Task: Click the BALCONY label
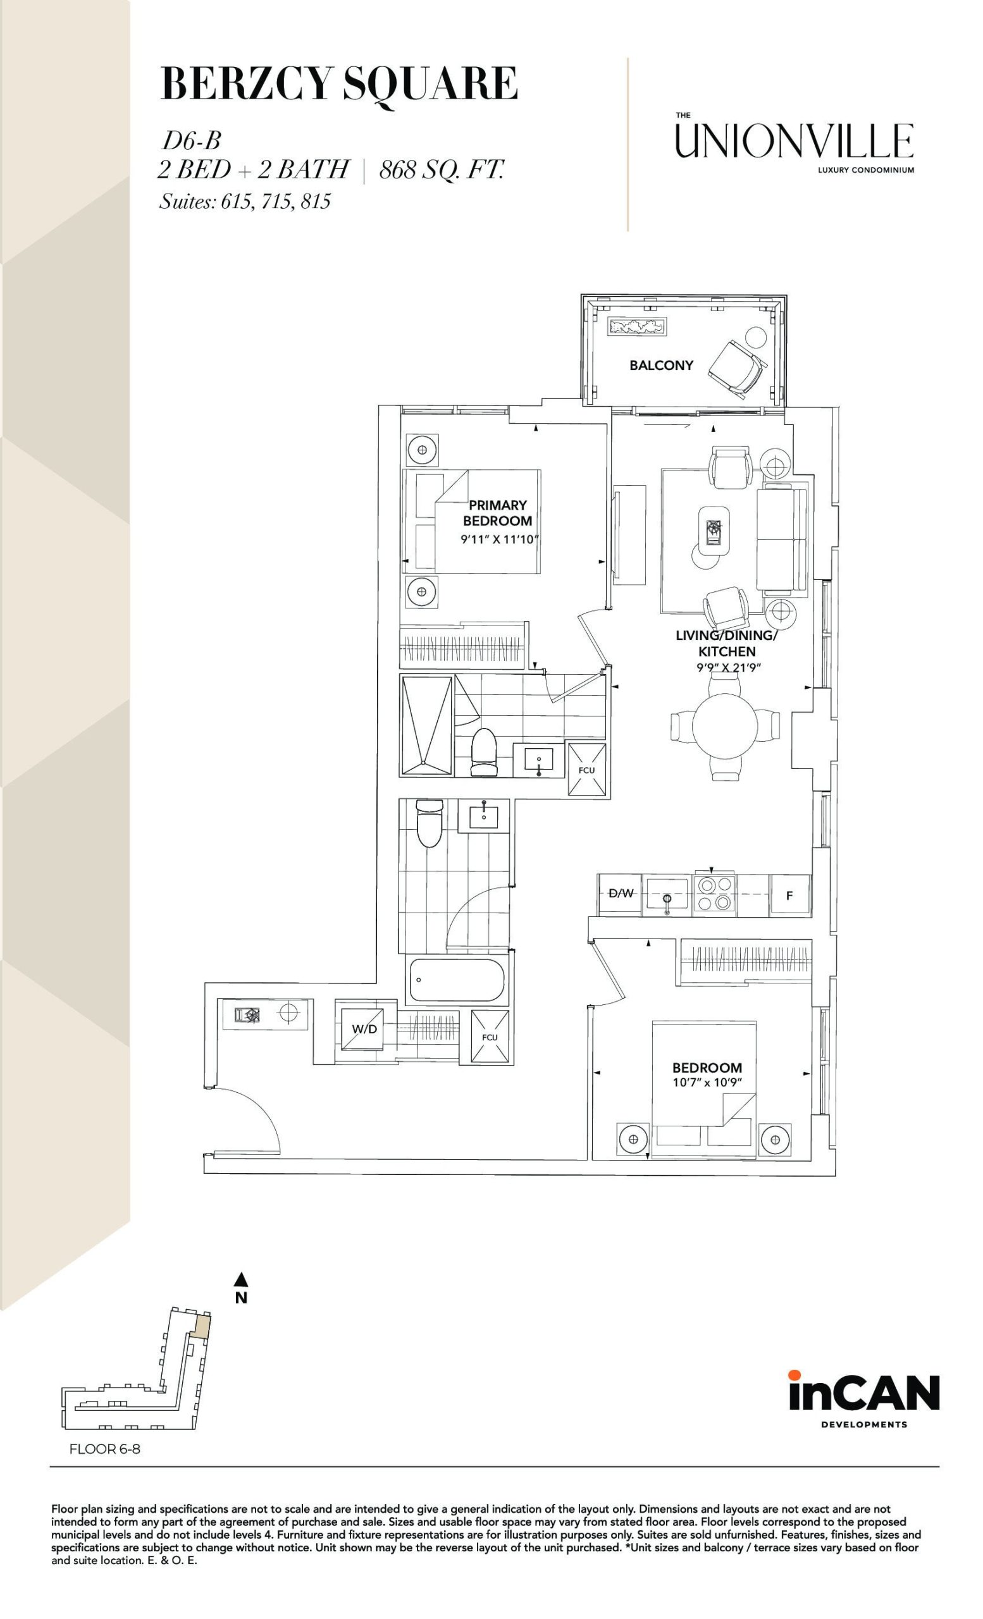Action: [x=661, y=366]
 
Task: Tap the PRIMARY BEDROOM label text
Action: [x=497, y=513]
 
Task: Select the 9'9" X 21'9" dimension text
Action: [x=728, y=668]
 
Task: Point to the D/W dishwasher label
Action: [x=621, y=893]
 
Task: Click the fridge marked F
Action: [x=790, y=895]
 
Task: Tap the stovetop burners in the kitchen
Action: [x=714, y=895]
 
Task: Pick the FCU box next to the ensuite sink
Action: [x=587, y=770]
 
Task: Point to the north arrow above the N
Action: [x=241, y=1279]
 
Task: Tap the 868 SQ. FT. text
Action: [x=442, y=170]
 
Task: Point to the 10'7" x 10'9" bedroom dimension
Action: [x=707, y=1082]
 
